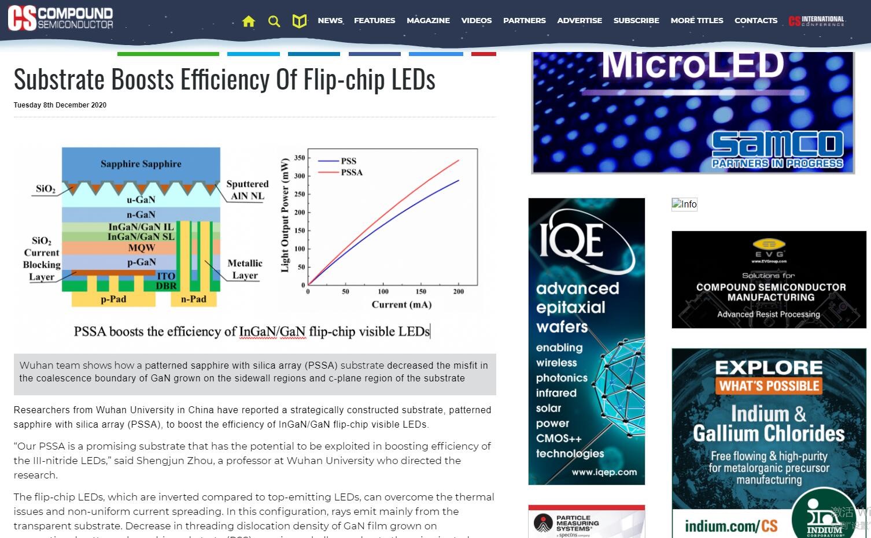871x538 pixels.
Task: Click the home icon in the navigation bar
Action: (249, 21)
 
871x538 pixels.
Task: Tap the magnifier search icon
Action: (274, 21)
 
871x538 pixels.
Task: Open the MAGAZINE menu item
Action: (428, 20)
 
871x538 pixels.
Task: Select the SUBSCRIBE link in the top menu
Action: (636, 20)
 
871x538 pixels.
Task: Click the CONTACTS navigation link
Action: (756, 20)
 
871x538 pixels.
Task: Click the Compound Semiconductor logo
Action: (60, 18)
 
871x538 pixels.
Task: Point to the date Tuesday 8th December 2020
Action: (60, 105)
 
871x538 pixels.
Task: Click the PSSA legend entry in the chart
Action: (352, 172)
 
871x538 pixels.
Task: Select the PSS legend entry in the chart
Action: (349, 161)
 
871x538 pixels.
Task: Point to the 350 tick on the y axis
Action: (300, 158)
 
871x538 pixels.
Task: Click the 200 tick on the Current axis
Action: (459, 292)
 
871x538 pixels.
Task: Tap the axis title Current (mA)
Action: (401, 305)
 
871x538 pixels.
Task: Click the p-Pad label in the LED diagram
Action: (113, 299)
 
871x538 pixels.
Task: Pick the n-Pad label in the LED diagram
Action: (194, 299)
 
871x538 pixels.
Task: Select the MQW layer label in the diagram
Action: (142, 248)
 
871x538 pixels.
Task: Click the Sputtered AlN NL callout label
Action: (247, 190)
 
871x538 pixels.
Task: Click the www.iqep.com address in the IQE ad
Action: (604, 472)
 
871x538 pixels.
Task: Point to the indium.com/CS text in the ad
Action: (731, 526)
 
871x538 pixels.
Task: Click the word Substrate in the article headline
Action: (60, 80)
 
